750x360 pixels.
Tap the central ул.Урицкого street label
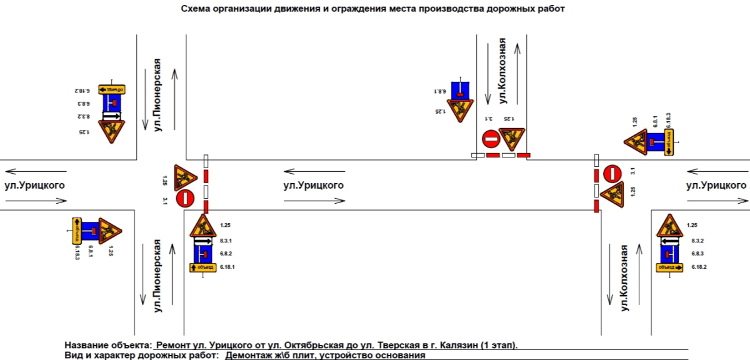[313, 186]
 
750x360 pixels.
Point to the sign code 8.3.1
[226, 241]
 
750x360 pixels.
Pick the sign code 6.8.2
[226, 254]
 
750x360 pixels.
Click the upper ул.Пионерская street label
[158, 94]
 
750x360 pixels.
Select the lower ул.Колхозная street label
[623, 278]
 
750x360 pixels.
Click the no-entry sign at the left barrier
[185, 199]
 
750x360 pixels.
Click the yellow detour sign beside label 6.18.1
[202, 267]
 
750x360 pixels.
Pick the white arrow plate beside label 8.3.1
[202, 241]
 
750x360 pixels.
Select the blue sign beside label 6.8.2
[202, 254]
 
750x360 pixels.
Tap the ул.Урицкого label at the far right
[716, 186]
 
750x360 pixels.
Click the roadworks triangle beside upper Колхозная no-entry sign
[512, 138]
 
